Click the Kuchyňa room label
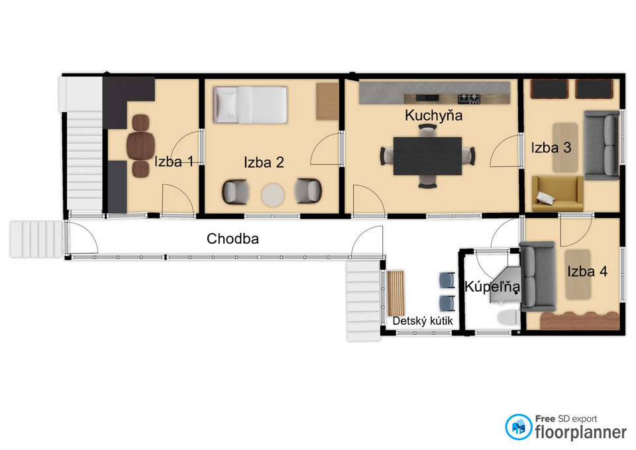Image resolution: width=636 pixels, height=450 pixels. point(433,115)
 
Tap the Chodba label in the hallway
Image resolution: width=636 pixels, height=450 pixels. point(233,239)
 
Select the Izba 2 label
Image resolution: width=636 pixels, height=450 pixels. point(264,162)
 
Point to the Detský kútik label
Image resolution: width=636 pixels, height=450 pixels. point(423,321)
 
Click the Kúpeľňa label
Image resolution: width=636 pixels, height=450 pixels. point(492,287)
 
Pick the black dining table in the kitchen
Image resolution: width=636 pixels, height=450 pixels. point(427,156)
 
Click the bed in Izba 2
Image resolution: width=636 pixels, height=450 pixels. point(250,105)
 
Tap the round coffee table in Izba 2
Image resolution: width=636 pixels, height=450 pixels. point(272,195)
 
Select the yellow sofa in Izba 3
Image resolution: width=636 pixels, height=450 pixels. point(557,194)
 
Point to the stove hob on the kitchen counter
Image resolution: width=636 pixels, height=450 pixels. point(469,98)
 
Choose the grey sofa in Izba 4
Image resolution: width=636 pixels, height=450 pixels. point(537,276)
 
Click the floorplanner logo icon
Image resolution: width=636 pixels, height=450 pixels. point(518,427)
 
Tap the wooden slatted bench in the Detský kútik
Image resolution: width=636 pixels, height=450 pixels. point(396,293)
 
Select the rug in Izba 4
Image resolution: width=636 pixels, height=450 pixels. point(578,275)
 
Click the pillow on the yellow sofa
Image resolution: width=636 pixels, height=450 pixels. point(545,197)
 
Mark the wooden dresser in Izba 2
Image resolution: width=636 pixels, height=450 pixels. point(327,101)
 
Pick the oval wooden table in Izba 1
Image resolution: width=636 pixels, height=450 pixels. point(140,146)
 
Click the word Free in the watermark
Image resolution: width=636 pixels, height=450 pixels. point(545,418)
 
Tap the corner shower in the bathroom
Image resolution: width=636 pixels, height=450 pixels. point(505,285)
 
